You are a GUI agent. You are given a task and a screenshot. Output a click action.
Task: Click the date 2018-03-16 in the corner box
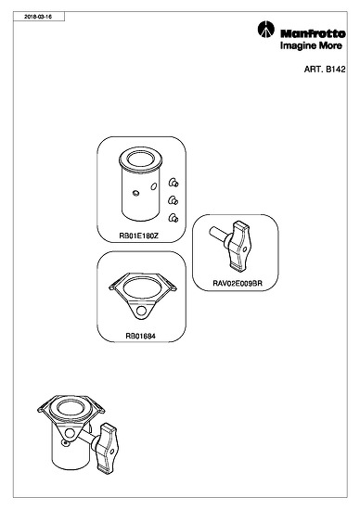(38, 17)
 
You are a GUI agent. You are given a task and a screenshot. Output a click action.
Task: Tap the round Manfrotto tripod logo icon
(266, 30)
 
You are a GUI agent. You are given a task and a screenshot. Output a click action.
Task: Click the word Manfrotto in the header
(313, 33)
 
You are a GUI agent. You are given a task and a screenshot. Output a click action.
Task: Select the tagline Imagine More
(311, 45)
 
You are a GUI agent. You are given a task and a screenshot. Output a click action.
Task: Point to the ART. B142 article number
(325, 70)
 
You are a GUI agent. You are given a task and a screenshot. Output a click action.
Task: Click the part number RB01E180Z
(138, 236)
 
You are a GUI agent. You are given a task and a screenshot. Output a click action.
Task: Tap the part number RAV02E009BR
(238, 283)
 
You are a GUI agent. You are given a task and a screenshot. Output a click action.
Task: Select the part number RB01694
(141, 336)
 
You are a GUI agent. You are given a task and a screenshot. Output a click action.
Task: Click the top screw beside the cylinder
(174, 183)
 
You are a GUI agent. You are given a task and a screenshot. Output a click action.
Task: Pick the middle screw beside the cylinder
(174, 200)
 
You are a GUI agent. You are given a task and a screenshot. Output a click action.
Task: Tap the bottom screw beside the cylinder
(174, 218)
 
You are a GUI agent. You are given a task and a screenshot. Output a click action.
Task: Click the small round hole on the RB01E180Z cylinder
(136, 193)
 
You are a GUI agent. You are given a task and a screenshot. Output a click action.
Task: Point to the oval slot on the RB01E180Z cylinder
(154, 186)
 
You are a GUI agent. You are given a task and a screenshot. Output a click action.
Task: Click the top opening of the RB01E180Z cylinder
(140, 159)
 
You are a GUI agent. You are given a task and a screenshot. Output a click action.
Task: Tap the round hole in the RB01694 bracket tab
(141, 311)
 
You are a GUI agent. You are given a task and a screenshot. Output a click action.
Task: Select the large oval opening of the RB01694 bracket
(143, 288)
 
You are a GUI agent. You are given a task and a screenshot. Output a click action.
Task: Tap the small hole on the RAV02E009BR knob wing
(245, 249)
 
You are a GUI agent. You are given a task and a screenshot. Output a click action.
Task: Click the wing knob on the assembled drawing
(105, 448)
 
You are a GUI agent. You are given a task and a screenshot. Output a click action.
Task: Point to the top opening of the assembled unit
(71, 409)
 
